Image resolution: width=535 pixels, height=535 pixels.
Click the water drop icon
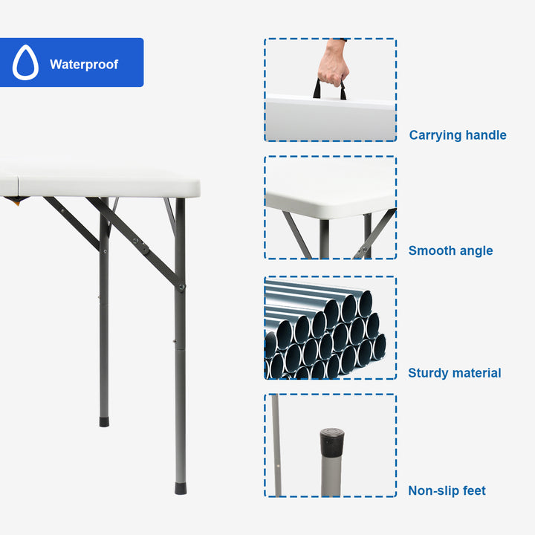click(25, 62)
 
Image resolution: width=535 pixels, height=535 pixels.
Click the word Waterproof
click(84, 65)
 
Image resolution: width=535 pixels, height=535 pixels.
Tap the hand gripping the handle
click(333, 63)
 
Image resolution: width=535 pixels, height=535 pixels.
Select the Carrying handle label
click(458, 135)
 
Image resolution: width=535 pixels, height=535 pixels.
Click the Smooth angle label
click(450, 251)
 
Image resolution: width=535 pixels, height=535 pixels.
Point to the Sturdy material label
click(455, 373)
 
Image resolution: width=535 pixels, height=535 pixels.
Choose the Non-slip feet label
click(447, 490)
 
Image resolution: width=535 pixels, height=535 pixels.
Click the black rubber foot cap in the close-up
click(332, 443)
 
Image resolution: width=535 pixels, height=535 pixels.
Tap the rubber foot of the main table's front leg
click(181, 488)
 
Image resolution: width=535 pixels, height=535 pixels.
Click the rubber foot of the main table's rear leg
click(105, 422)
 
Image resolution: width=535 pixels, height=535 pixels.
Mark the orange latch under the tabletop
click(16, 202)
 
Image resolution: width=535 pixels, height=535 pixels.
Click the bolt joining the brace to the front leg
click(181, 287)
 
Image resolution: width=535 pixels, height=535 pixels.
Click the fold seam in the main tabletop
click(18, 186)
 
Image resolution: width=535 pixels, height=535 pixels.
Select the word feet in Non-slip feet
click(474, 490)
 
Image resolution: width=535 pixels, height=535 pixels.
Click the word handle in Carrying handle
click(486, 135)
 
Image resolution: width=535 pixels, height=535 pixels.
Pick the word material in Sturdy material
click(479, 373)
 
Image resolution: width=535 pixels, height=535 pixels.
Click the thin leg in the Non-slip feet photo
click(276, 445)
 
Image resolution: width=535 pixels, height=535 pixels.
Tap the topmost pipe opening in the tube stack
click(366, 303)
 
